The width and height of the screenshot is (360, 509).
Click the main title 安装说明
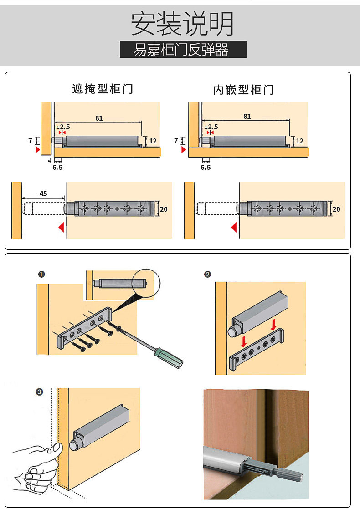(x=183, y=23)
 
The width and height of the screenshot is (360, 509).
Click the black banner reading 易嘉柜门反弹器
(x=183, y=49)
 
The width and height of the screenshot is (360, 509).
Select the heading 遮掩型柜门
(x=103, y=88)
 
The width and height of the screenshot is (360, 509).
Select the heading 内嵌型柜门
(x=243, y=89)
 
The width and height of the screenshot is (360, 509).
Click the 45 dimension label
(x=43, y=193)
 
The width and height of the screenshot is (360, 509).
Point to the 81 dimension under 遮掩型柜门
(x=99, y=118)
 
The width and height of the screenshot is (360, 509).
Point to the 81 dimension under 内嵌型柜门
(x=247, y=116)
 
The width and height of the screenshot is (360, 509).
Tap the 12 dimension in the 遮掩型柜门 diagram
(x=153, y=141)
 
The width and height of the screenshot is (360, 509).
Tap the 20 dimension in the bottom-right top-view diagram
(x=336, y=209)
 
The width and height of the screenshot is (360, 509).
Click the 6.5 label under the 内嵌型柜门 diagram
(x=206, y=168)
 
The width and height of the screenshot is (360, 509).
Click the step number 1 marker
(x=41, y=274)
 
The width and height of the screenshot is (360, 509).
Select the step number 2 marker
(x=208, y=274)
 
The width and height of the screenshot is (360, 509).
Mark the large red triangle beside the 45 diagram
(x=61, y=227)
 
